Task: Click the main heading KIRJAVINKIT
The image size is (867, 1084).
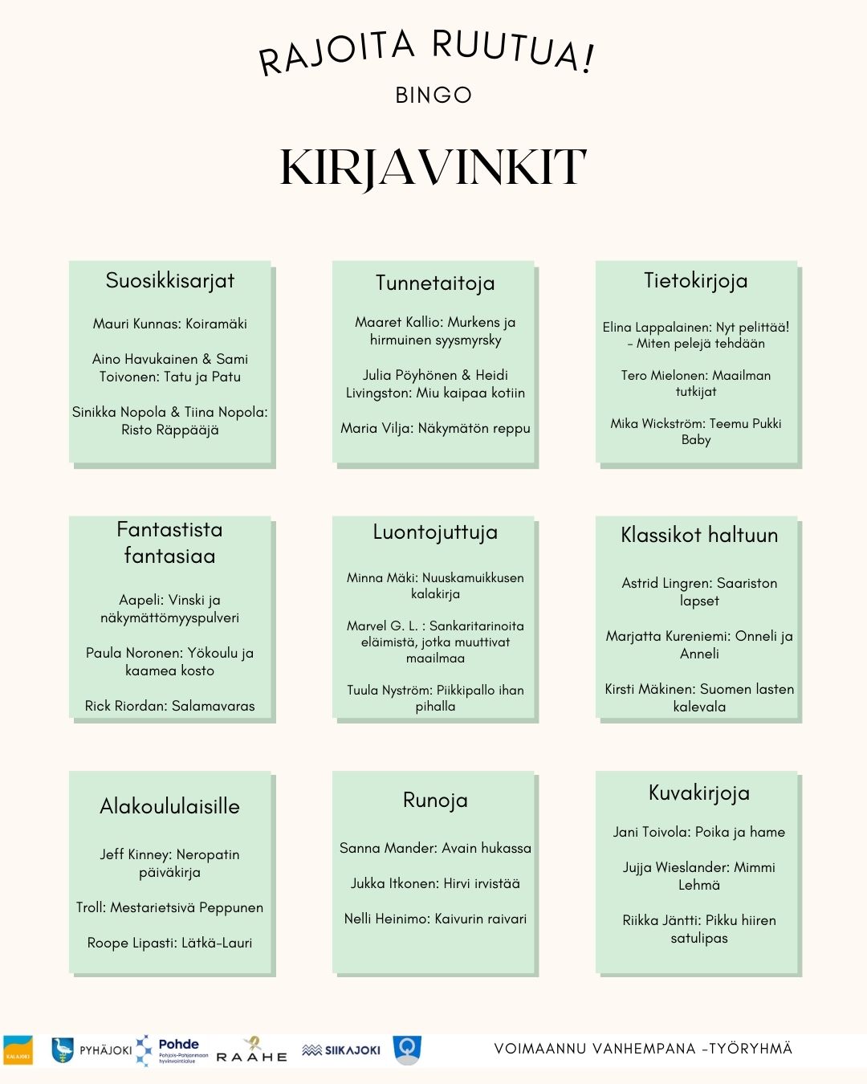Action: tap(433, 167)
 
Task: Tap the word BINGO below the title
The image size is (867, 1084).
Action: tap(433, 96)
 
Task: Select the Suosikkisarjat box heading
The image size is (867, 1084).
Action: tap(170, 280)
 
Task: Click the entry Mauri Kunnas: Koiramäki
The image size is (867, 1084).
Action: tap(170, 324)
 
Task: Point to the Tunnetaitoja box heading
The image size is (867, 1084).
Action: tap(435, 283)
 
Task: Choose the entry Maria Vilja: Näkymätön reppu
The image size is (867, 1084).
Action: tap(435, 428)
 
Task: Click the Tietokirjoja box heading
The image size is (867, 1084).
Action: tap(696, 280)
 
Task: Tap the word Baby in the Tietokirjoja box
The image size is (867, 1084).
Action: tap(696, 439)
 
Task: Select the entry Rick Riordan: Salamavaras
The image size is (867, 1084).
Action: tap(170, 706)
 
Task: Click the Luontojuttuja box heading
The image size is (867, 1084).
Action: tap(435, 532)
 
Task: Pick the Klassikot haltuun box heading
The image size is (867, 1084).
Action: tap(699, 535)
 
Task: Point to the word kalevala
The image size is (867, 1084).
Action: tap(699, 707)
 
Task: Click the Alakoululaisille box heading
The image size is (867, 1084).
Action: tap(170, 806)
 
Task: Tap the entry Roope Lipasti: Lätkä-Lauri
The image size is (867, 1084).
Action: tap(170, 943)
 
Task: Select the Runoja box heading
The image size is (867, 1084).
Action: tap(435, 800)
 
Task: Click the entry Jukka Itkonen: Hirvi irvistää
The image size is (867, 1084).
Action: tap(435, 883)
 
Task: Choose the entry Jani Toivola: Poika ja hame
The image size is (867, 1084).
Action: tap(699, 832)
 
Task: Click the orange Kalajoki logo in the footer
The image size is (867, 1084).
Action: tap(18, 1050)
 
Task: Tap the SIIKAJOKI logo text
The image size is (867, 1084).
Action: tap(352, 1050)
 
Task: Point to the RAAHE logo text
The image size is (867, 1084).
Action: tap(252, 1057)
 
